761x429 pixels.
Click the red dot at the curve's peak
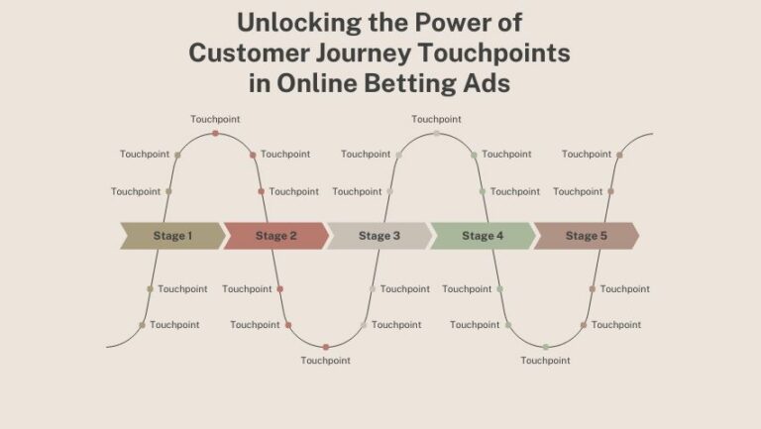(x=215, y=133)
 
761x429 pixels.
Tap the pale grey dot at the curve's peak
(x=436, y=133)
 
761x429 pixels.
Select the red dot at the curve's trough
(x=325, y=347)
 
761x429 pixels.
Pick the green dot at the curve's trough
(x=546, y=347)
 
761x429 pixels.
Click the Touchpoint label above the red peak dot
(x=215, y=119)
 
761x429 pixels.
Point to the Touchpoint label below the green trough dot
(x=546, y=361)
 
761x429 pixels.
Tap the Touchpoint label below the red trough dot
(x=325, y=361)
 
